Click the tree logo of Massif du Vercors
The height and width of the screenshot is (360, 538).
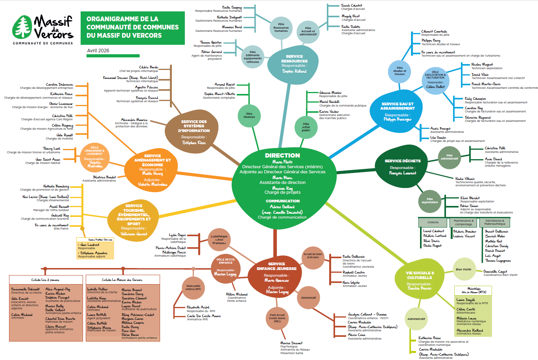22,28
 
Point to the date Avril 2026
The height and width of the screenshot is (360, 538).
98,51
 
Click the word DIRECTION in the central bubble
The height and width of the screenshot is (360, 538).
282,155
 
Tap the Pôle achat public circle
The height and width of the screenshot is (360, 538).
306,127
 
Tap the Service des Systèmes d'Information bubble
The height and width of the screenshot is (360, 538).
193,132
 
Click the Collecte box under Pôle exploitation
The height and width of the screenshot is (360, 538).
433,222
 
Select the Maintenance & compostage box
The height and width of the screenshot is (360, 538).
464,222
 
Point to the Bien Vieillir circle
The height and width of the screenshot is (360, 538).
464,270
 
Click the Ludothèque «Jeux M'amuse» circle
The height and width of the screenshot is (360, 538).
219,240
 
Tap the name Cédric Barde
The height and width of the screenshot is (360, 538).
148,68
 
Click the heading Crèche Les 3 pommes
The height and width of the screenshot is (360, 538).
45,280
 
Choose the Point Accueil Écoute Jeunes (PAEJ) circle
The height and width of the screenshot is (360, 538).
277,318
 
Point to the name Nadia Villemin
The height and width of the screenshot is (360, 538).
465,179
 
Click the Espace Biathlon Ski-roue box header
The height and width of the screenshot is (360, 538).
95,239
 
